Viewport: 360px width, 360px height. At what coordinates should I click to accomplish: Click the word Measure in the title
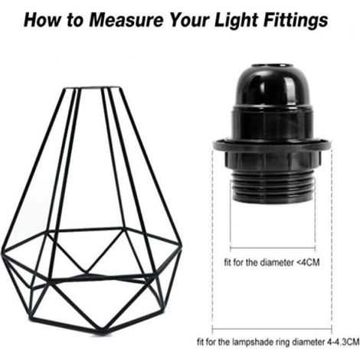tap(126, 20)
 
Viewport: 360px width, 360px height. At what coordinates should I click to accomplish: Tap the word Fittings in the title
tap(296, 21)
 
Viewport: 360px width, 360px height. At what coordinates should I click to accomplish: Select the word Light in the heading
tap(236, 21)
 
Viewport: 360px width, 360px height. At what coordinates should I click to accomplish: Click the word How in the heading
tap(43, 20)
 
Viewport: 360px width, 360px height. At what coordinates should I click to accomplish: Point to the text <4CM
tap(308, 262)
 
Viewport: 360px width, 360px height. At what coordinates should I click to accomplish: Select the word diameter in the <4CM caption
tap(277, 262)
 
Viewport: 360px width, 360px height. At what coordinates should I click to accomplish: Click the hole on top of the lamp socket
tap(270, 67)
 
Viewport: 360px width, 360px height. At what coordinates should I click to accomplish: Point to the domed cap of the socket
tap(271, 87)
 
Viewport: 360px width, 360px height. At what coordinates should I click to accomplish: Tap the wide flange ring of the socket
tap(272, 146)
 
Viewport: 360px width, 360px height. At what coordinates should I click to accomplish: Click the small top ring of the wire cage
tap(93, 88)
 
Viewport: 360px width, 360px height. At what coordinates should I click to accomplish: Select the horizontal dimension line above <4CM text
tap(273, 247)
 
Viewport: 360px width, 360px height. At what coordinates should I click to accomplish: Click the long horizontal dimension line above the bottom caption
tap(272, 329)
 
